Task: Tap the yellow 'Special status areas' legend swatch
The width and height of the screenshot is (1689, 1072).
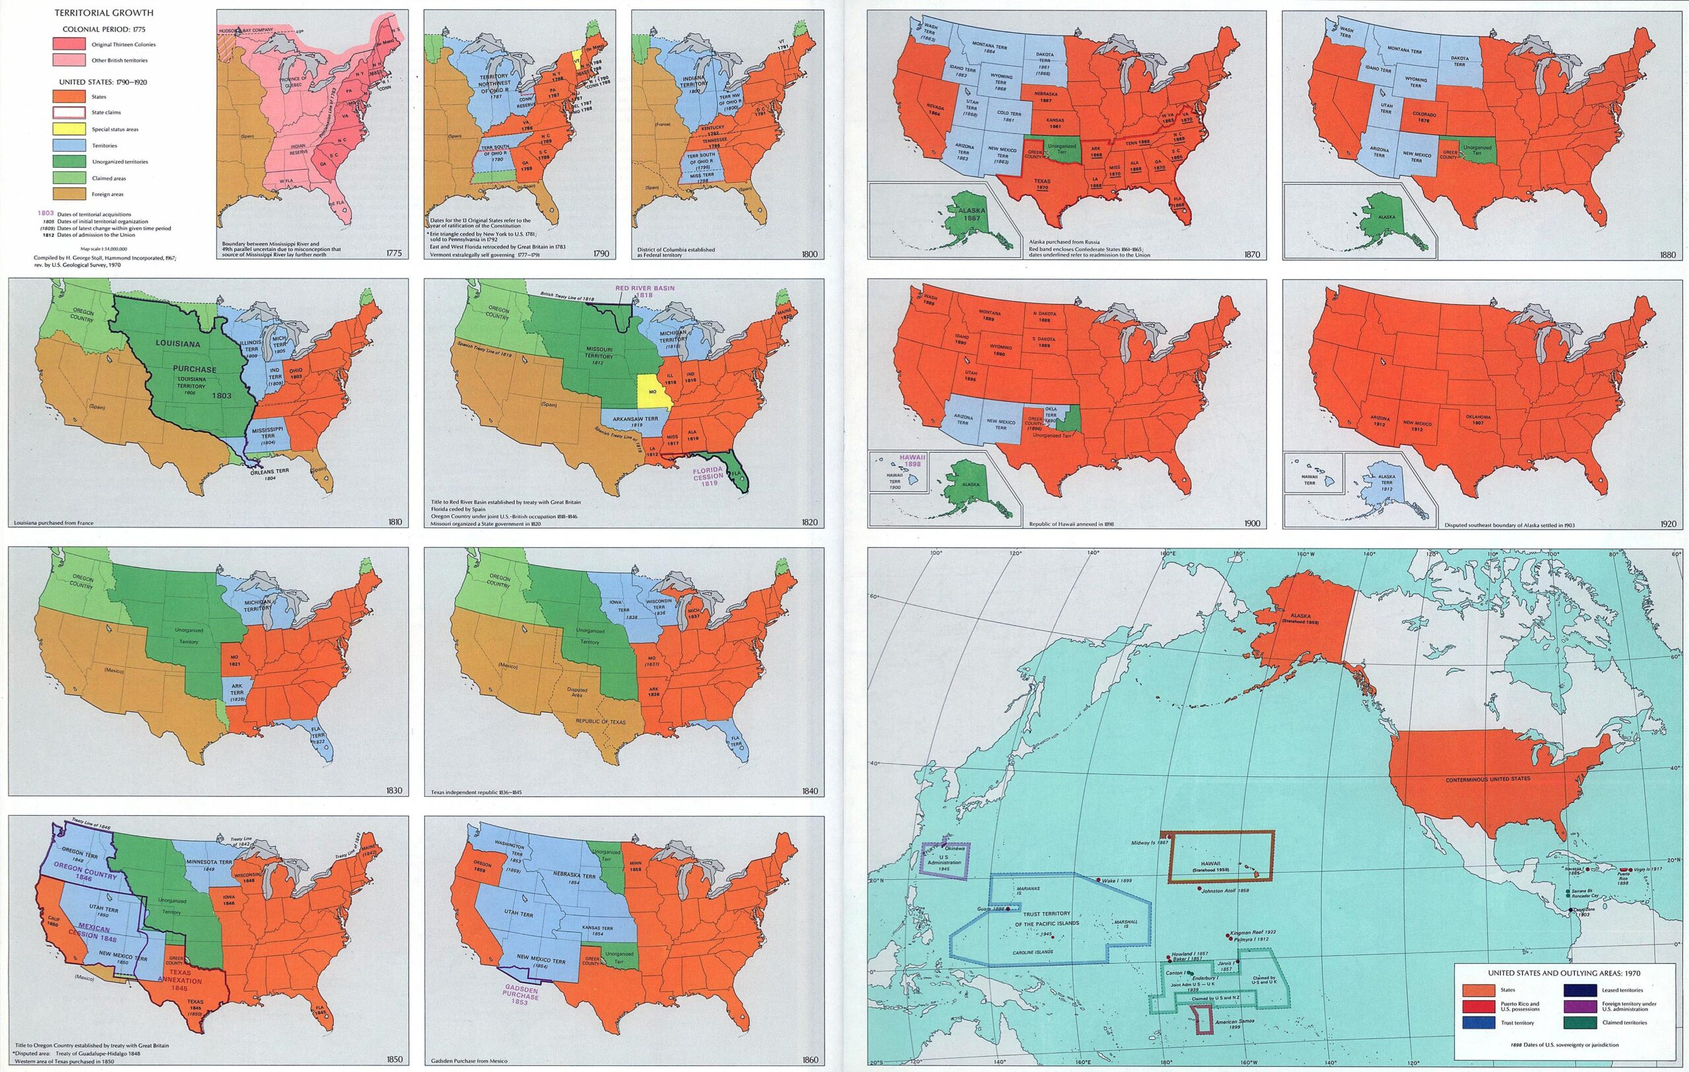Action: pos(69,129)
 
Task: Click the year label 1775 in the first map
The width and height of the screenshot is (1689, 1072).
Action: pos(394,254)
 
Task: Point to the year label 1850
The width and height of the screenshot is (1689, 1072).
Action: pos(394,1059)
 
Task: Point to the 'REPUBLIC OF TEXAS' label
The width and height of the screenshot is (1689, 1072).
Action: pos(600,721)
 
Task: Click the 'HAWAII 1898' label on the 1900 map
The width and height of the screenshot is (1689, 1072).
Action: pos(914,459)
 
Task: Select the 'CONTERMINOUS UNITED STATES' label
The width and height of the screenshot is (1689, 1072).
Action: pos(1488,780)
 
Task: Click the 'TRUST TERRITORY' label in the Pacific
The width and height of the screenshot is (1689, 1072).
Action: pos(1046,914)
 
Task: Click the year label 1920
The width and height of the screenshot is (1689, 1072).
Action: pos(1668,523)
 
